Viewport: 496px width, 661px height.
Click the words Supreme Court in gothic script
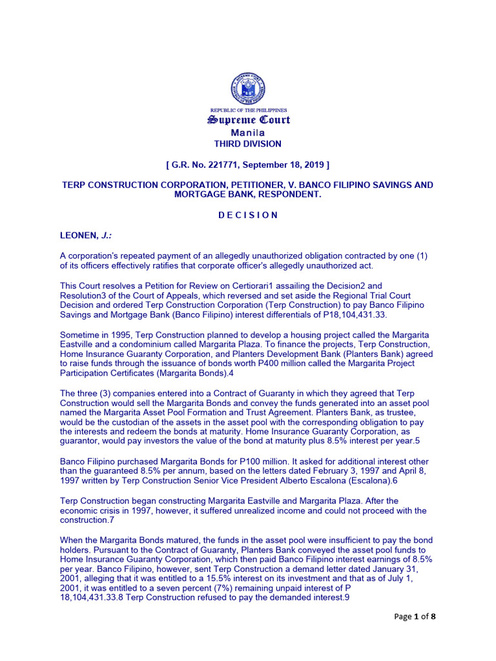click(x=248, y=120)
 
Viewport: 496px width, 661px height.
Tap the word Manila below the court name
click(x=248, y=132)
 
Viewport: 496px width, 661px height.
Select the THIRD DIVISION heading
click(x=248, y=144)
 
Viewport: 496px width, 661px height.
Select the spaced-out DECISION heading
click(x=248, y=215)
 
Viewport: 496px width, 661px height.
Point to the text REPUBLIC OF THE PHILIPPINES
click(x=248, y=110)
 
